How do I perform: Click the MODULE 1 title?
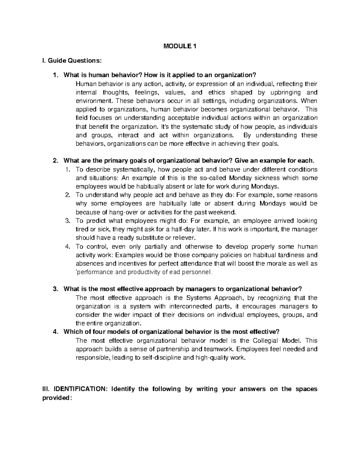click(x=179, y=47)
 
